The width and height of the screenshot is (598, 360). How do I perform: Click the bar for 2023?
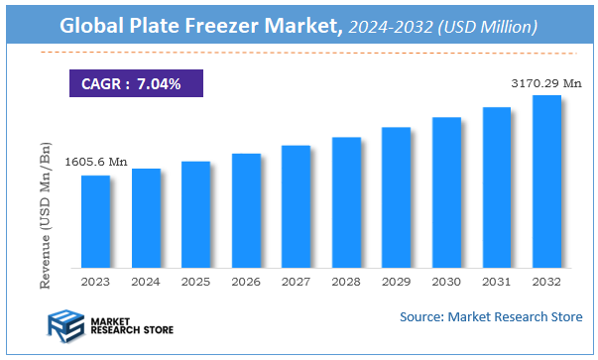click(95, 221)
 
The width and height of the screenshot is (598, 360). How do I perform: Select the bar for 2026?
click(246, 210)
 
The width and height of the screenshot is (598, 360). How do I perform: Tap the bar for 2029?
click(396, 197)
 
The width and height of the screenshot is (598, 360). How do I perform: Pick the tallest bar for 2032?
click(546, 181)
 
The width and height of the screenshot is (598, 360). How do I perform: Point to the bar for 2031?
click(497, 187)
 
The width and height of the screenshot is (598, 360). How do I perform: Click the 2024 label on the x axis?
click(146, 282)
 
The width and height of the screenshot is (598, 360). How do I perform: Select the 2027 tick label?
click(296, 282)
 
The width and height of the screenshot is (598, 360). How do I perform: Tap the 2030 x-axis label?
click(446, 282)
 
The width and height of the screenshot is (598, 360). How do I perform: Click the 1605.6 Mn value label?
click(96, 162)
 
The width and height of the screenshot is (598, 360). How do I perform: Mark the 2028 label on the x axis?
click(346, 282)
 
